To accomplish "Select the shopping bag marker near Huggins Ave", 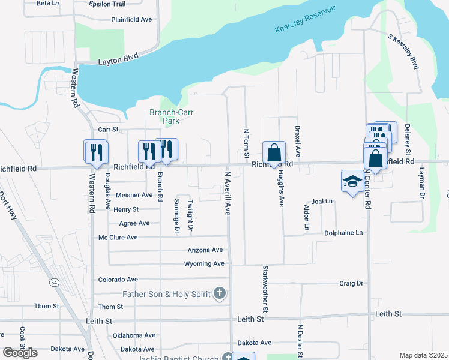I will click(x=274, y=154).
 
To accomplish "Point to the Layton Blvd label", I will click(x=118, y=59).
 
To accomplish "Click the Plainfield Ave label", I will click(x=131, y=19).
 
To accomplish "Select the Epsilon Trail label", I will click(x=107, y=4).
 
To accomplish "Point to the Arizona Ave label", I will click(x=205, y=250).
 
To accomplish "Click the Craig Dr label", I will click(x=351, y=283).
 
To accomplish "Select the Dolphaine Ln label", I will click(x=343, y=233).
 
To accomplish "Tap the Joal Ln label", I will click(x=322, y=202).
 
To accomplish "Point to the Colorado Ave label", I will click(x=118, y=280).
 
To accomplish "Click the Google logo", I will click(x=20, y=353).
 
